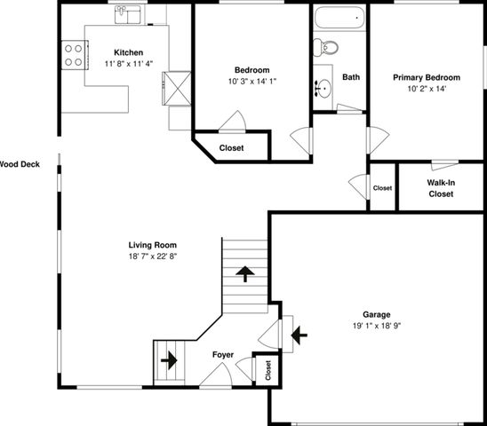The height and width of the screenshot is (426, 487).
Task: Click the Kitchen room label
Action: pyautogui.click(x=128, y=52)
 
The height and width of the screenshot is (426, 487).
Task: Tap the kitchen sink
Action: pyautogui.click(x=128, y=14)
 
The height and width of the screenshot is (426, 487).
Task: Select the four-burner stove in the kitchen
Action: pyautogui.click(x=75, y=55)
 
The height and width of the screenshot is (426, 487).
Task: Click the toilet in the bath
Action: pyautogui.click(x=325, y=47)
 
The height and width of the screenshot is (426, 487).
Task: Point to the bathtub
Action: pyautogui.click(x=339, y=18)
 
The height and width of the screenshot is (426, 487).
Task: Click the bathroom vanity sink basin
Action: pyautogui.click(x=324, y=89)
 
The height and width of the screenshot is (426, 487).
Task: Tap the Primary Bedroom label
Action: pyautogui.click(x=427, y=77)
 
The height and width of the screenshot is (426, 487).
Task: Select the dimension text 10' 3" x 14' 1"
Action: pyautogui.click(x=252, y=82)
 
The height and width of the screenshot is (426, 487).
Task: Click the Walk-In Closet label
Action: pyautogui.click(x=441, y=188)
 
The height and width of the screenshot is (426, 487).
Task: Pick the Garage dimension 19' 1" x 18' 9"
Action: pyautogui.click(x=377, y=326)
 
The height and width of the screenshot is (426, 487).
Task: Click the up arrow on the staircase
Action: pyautogui.click(x=245, y=273)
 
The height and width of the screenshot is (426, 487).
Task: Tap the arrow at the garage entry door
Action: pyautogui.click(x=299, y=335)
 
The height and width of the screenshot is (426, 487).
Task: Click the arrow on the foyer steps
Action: pyautogui.click(x=169, y=360)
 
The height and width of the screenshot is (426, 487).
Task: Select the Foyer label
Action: pyautogui.click(x=223, y=355)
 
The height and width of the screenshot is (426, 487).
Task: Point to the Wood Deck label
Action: pyautogui.click(x=20, y=164)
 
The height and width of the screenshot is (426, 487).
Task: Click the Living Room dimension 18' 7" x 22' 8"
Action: pyautogui.click(x=153, y=256)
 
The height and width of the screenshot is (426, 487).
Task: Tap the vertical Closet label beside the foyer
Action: pyautogui.click(x=268, y=370)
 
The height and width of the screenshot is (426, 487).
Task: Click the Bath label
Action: pyautogui.click(x=351, y=77)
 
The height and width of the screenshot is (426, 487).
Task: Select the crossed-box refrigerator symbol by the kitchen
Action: pyautogui.click(x=177, y=89)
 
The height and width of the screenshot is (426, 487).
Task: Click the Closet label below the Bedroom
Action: pyautogui.click(x=231, y=148)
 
